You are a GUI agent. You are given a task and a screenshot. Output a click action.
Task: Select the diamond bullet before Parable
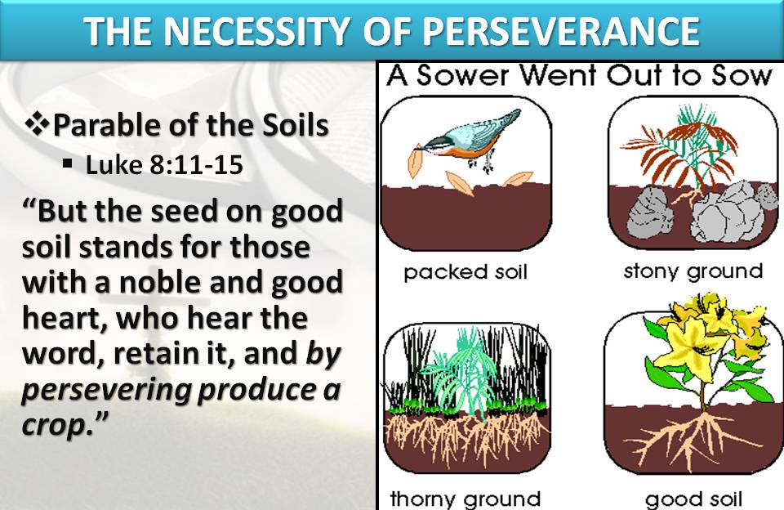38,126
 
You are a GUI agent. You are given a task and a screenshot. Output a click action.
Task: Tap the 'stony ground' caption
693,271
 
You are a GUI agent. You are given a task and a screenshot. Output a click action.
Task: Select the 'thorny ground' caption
465,498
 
